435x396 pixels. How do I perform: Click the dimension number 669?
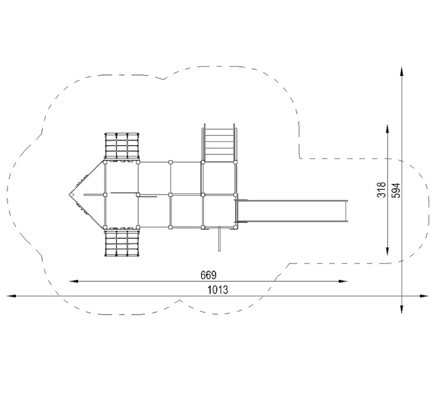coord(208,275)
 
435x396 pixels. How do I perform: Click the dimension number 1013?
coord(218,290)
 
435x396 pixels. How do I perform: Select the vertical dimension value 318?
coord(382,190)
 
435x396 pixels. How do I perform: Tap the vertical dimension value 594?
coord(396,190)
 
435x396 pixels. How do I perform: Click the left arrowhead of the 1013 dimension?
coord(11,296)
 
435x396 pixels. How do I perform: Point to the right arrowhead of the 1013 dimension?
coord(424,296)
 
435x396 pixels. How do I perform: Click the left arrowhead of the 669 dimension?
coord(73,281)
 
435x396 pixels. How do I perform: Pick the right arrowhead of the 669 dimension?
coord(343,281)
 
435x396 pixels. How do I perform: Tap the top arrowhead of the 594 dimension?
coord(402,71)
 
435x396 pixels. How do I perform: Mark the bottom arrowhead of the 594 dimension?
coord(402,309)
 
